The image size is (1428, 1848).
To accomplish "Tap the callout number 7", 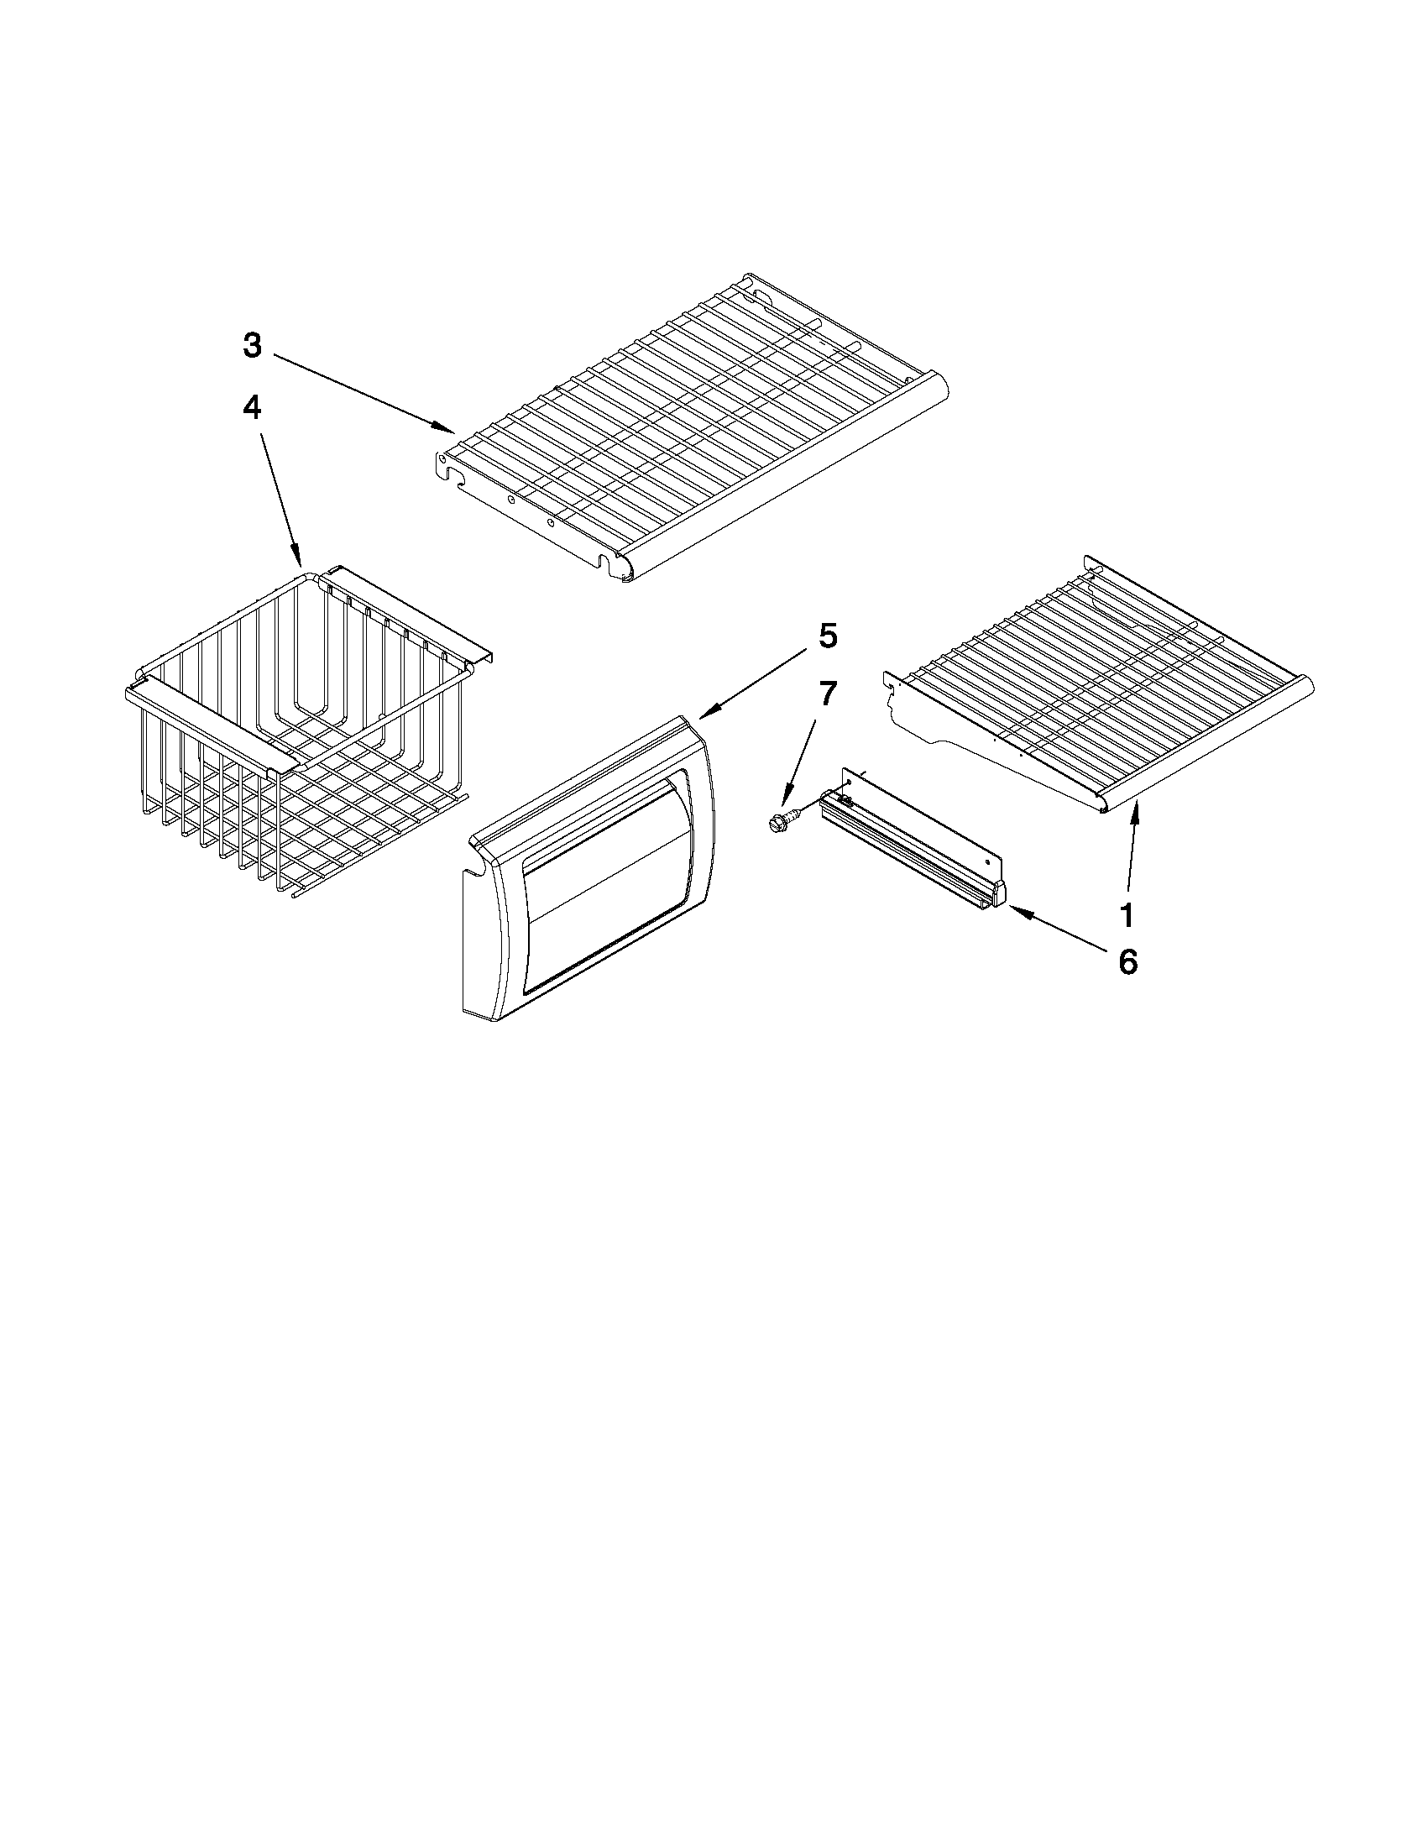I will point(827,694).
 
